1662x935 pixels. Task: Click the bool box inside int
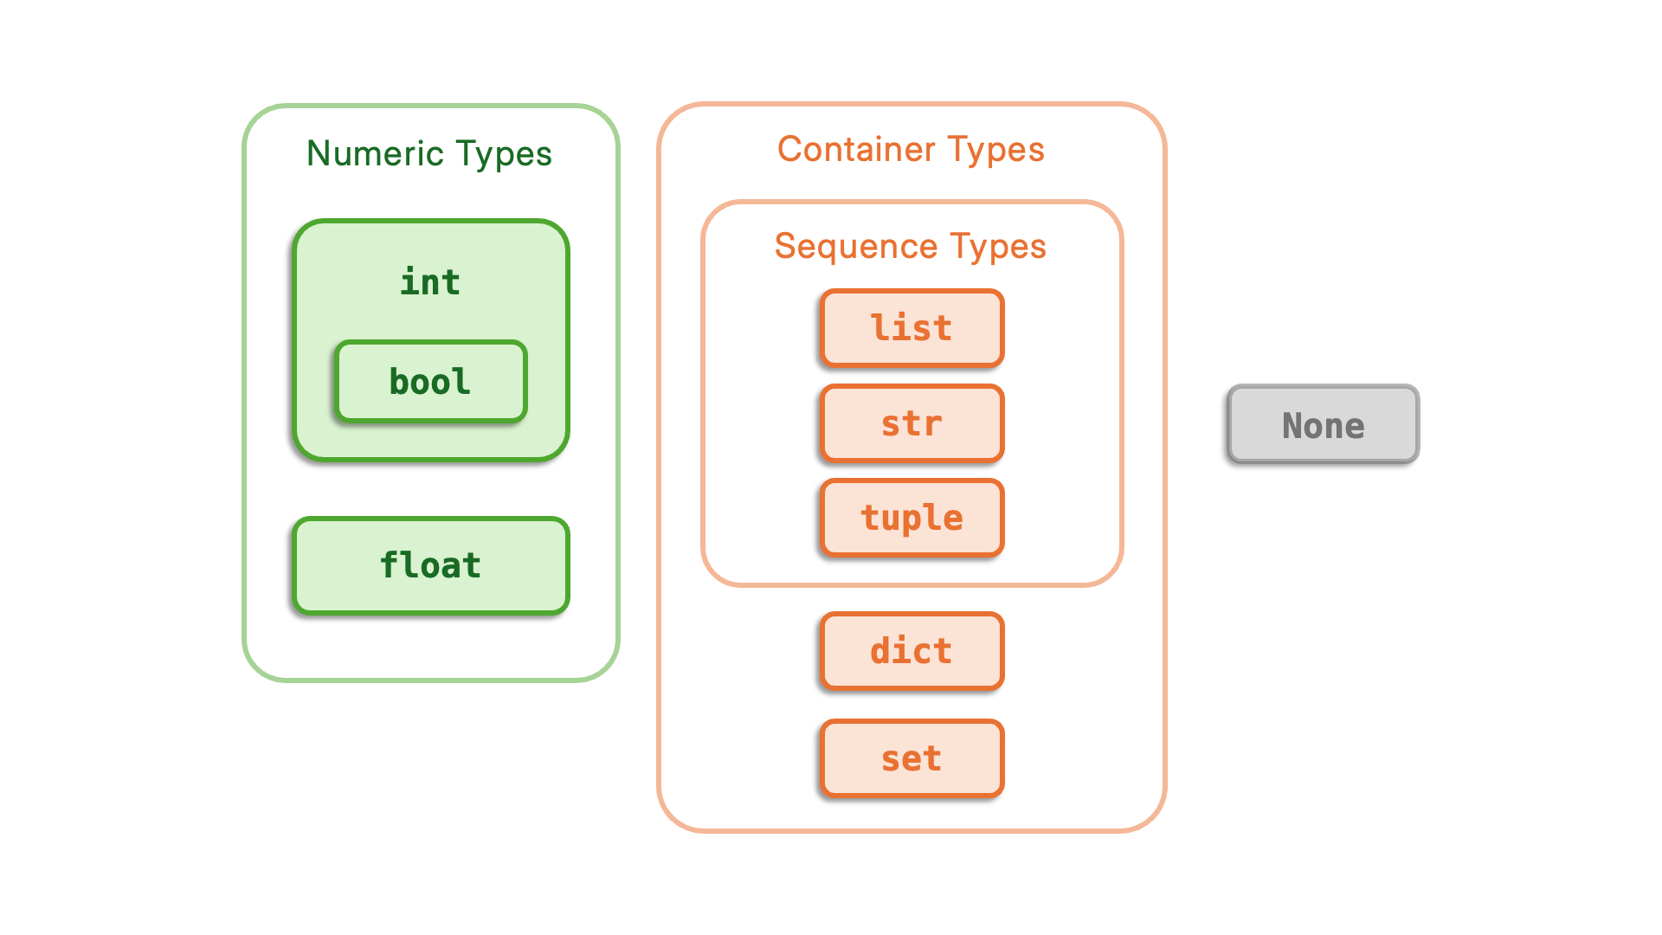(x=430, y=382)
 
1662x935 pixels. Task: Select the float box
(x=430, y=565)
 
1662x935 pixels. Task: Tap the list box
(x=912, y=328)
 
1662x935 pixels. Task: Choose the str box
(x=912, y=423)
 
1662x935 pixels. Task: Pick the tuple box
(x=912, y=518)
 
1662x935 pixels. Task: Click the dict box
(x=912, y=651)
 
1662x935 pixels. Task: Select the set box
(x=912, y=758)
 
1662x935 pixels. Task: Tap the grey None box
(x=1323, y=424)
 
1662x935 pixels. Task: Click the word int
(x=430, y=282)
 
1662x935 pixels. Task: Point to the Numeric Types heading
(x=429, y=154)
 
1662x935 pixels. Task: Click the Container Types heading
(x=911, y=150)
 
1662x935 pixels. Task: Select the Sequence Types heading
(x=911, y=247)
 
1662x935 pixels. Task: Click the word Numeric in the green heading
(x=375, y=154)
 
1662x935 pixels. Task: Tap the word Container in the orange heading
(x=856, y=150)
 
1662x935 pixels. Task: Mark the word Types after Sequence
(x=998, y=247)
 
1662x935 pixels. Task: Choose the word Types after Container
(x=996, y=150)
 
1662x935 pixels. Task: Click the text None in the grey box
(x=1323, y=426)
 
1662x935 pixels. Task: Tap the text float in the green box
(x=430, y=565)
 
